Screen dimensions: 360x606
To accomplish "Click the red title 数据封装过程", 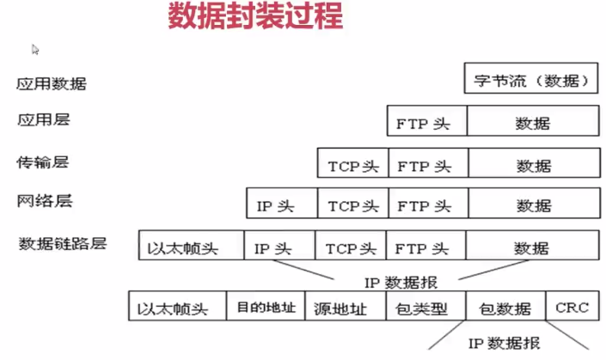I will (x=255, y=18).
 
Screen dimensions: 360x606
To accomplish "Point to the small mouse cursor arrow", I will (x=35, y=50).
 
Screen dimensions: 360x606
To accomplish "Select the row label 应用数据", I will (x=52, y=83).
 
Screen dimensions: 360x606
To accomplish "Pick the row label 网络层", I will (x=45, y=201).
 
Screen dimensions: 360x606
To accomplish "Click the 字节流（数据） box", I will (x=531, y=82).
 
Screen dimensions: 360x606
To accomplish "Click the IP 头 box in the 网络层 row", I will (x=281, y=206).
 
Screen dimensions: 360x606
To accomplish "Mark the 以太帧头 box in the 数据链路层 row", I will (x=191, y=248).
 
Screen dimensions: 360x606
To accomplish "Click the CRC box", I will (x=572, y=307).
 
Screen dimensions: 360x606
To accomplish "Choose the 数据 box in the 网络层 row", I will (x=532, y=206).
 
